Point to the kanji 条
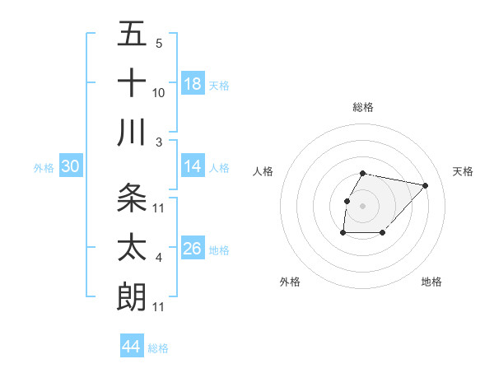click(132, 198)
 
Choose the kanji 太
click(132, 247)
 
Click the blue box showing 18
click(193, 84)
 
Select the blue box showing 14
click(193, 166)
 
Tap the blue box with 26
click(193, 249)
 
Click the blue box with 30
click(71, 166)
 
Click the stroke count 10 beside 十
click(159, 93)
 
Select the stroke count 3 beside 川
click(159, 142)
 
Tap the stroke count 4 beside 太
click(159, 258)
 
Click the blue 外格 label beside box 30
click(44, 168)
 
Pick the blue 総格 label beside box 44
click(158, 348)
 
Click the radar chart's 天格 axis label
click(463, 171)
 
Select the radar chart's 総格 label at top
click(362, 107)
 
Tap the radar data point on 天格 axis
click(425, 186)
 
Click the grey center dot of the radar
click(362, 206)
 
